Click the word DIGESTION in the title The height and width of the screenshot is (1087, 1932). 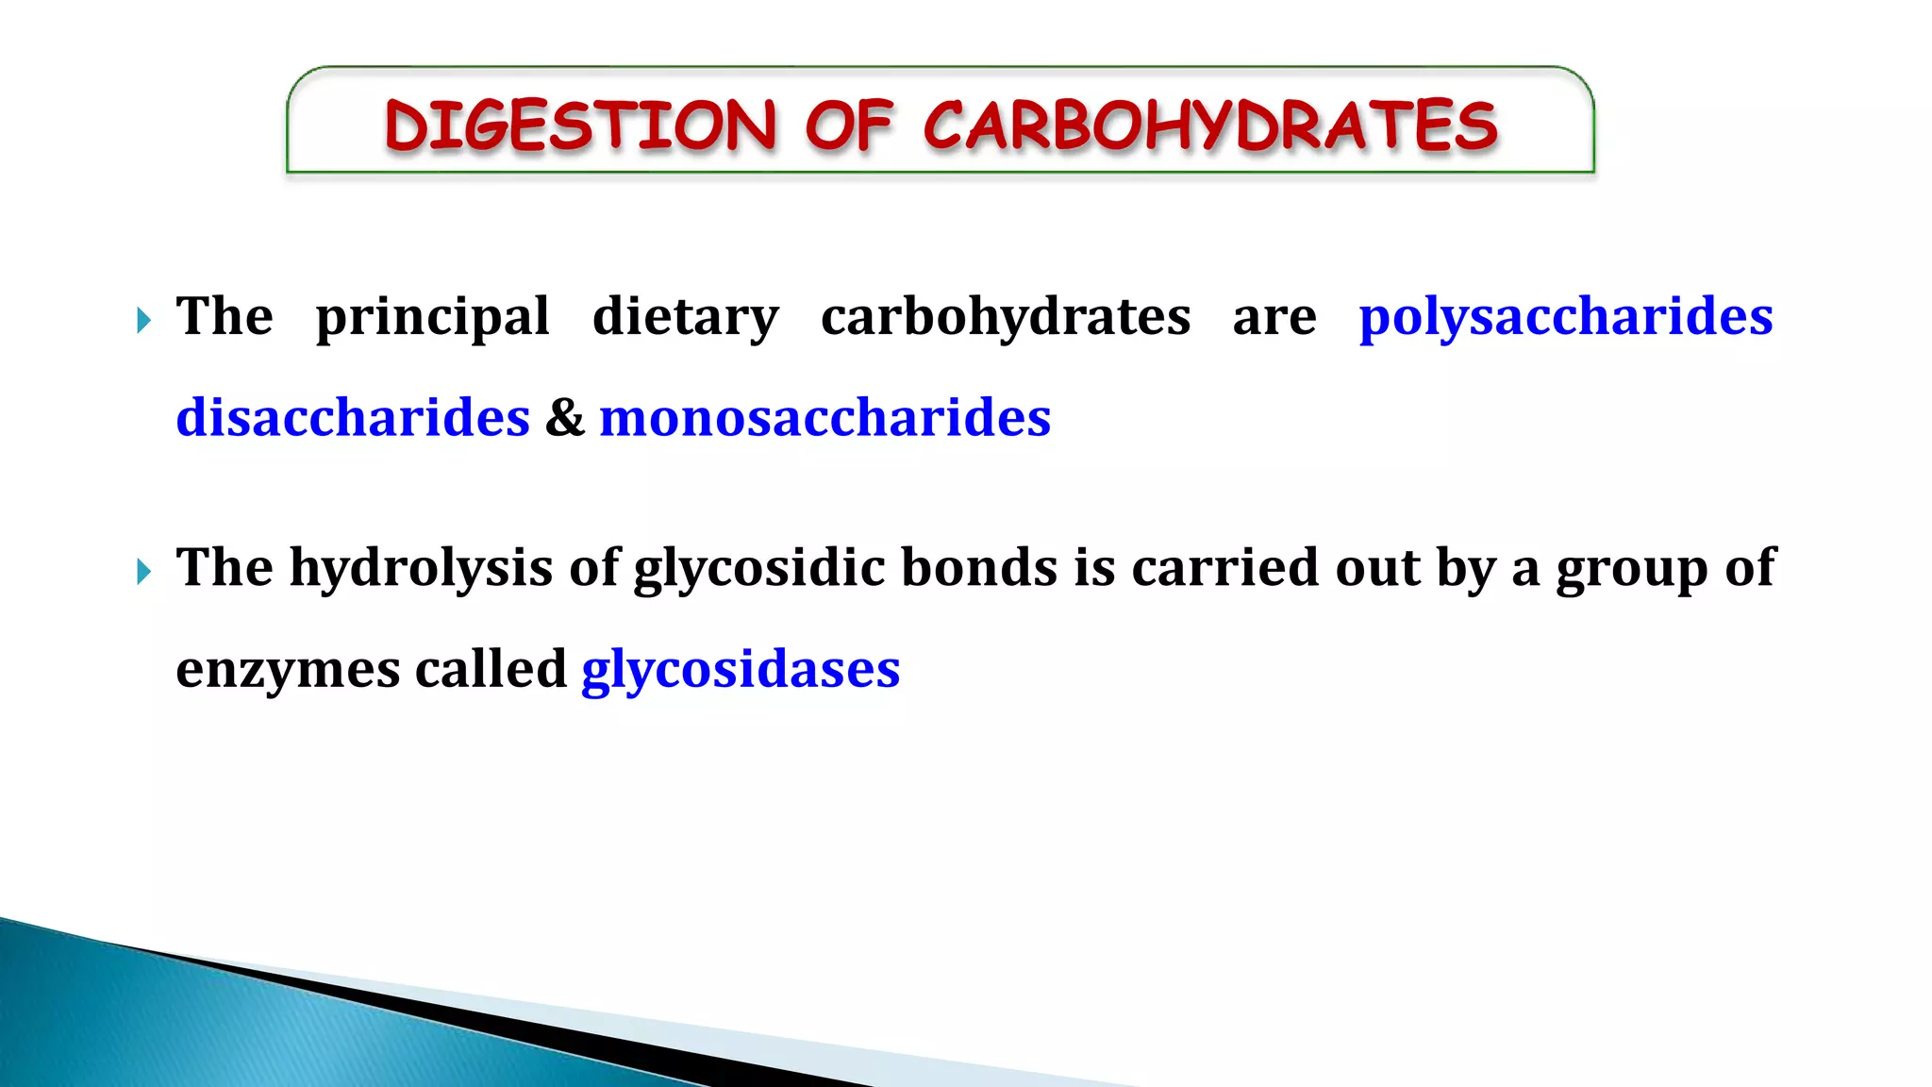pyautogui.click(x=580, y=125)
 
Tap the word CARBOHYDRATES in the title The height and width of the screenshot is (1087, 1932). pyautogui.click(x=1210, y=125)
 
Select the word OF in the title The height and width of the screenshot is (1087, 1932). pyautogui.click(x=848, y=125)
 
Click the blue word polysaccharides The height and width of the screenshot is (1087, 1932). pyautogui.click(x=1565, y=316)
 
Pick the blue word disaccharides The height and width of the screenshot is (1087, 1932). pyautogui.click(x=353, y=417)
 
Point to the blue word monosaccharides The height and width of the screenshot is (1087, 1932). pyautogui.click(x=824, y=417)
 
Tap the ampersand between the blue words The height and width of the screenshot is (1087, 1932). pyautogui.click(x=564, y=417)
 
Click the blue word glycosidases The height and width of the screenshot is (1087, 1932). pyautogui.click(x=741, y=669)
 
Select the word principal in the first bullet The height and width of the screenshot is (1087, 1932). pyautogui.click(x=432, y=316)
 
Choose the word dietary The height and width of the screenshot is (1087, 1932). pyautogui.click(x=686, y=316)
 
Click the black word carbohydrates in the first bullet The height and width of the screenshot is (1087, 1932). pyautogui.click(x=1006, y=316)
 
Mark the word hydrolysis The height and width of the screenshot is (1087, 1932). pyautogui.click(x=421, y=568)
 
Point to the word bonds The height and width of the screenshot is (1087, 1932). pyautogui.click(x=979, y=568)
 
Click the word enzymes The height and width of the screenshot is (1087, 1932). pyautogui.click(x=288, y=669)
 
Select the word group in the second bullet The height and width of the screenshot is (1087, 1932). pyautogui.click(x=1631, y=568)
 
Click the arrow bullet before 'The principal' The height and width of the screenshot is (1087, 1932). pyautogui.click(x=143, y=320)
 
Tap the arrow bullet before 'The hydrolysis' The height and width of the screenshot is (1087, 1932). pyautogui.click(x=143, y=571)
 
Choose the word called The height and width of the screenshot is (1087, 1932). pyautogui.click(x=491, y=669)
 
